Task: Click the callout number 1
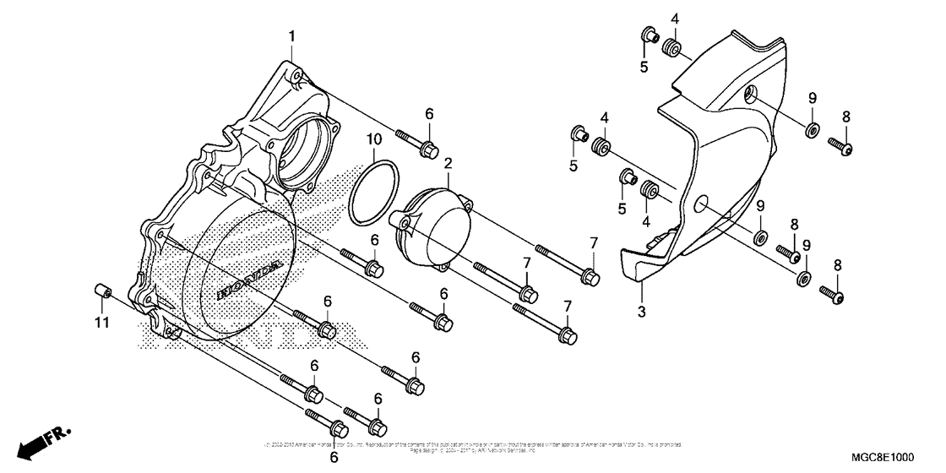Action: click(x=292, y=36)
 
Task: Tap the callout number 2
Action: click(x=449, y=162)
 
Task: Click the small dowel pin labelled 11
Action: click(x=101, y=292)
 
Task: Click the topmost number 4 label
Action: click(x=675, y=19)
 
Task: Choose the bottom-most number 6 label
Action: click(x=334, y=457)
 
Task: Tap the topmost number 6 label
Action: click(x=428, y=114)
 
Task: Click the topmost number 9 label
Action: click(x=812, y=97)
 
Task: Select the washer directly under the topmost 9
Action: click(x=812, y=129)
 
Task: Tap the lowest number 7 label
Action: click(x=568, y=305)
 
